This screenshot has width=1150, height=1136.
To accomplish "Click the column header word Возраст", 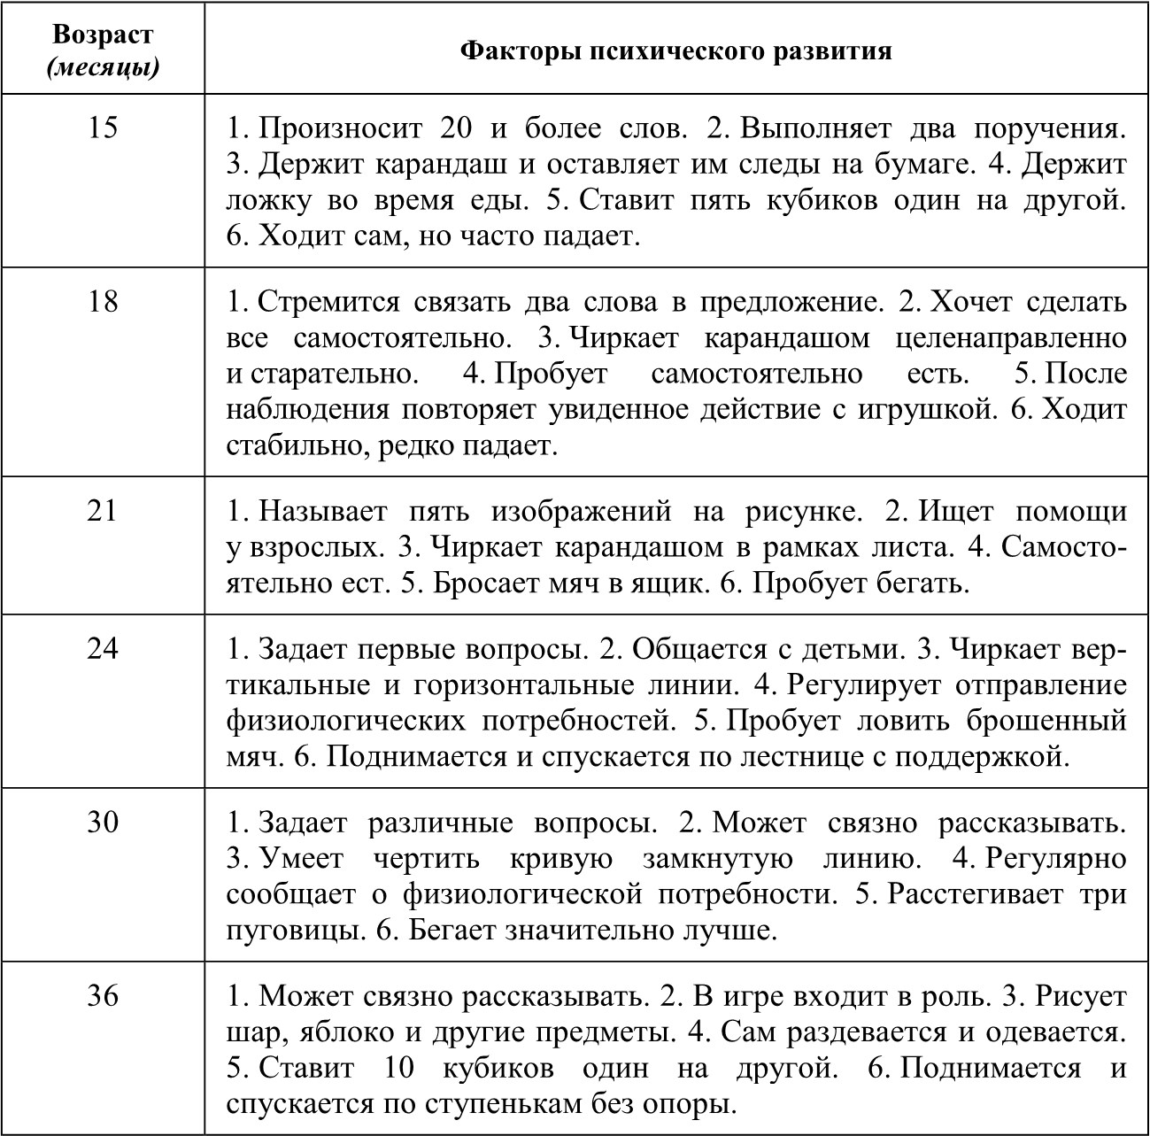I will [103, 35].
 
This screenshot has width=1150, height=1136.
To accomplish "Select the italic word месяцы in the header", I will [104, 66].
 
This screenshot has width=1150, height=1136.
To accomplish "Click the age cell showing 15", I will [103, 128].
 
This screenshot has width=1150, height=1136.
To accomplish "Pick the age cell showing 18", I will [103, 302].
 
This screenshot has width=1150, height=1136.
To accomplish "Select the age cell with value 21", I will [103, 511].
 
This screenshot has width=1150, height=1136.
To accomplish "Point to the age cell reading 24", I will [103, 649].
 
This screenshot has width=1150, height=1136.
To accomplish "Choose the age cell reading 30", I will [103, 823].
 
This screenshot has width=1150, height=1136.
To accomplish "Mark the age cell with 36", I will [103, 996].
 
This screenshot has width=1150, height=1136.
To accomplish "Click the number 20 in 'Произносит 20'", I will [456, 129].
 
